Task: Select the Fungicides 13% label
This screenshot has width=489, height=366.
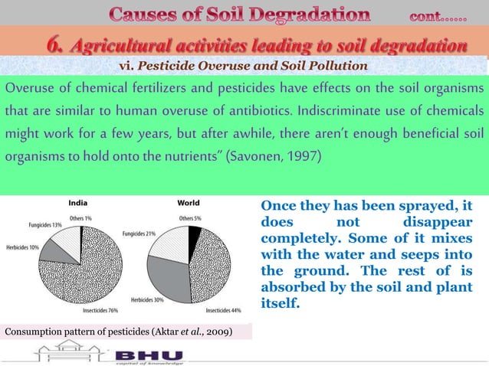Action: pyautogui.click(x=41, y=225)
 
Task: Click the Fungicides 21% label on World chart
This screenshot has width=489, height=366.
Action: pyautogui.click(x=139, y=234)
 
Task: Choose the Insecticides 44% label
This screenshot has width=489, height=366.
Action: pyautogui.click(x=222, y=311)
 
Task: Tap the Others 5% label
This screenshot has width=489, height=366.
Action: pyautogui.click(x=192, y=217)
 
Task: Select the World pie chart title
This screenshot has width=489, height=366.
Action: pyautogui.click(x=189, y=203)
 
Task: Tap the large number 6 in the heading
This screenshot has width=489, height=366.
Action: pyautogui.click(x=55, y=45)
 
